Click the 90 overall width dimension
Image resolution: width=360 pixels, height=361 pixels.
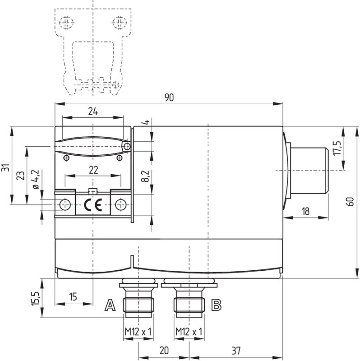(169, 97)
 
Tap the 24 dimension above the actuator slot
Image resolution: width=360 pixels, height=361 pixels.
(93, 111)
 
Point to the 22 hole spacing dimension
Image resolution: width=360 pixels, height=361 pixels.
(93, 170)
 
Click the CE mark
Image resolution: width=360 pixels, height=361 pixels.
(93, 205)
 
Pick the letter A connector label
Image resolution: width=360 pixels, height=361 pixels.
(110, 305)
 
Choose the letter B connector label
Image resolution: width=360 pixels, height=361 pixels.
(216, 305)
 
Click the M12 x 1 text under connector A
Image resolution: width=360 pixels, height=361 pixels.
(138, 332)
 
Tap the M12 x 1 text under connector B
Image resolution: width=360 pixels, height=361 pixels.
(189, 332)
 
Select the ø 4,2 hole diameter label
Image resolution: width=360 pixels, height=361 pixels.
(36, 179)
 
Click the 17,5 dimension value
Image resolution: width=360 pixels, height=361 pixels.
(337, 148)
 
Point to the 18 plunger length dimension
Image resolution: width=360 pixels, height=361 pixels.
(305, 211)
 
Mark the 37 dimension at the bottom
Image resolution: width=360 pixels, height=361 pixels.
(236, 351)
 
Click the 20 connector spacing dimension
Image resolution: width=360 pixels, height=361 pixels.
(164, 350)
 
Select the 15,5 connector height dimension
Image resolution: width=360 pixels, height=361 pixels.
(36, 298)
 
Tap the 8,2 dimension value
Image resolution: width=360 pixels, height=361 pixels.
(145, 176)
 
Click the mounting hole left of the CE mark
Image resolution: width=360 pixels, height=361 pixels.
(65, 205)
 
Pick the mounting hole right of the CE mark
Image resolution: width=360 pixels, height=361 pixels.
(120, 205)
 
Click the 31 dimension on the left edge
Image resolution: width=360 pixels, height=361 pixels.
(5, 167)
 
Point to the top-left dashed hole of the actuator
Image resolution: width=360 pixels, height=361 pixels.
(66, 23)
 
